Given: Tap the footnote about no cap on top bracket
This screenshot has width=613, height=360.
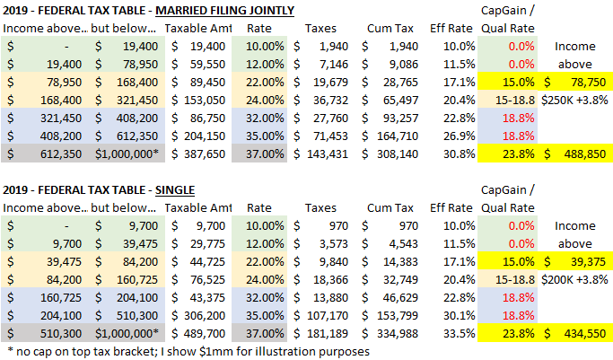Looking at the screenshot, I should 188,351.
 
